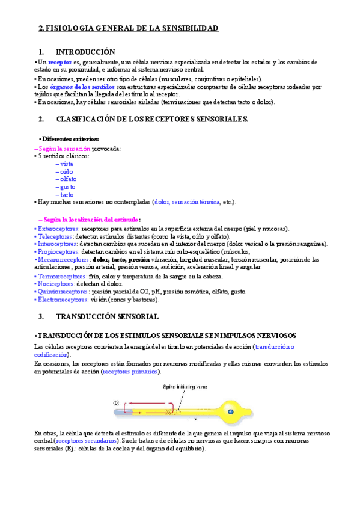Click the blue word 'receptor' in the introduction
pos(60,62)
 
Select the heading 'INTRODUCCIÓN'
pos(85,52)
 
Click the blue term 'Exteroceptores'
pos(57,229)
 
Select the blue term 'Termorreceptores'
pos(61,276)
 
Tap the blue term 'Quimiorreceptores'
pos(63,291)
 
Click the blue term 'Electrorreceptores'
pos(63,299)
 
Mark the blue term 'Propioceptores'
pos(58,252)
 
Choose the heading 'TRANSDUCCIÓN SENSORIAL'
pos(107,316)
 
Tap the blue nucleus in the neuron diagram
pos(230,411)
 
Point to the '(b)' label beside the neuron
pos(116,402)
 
